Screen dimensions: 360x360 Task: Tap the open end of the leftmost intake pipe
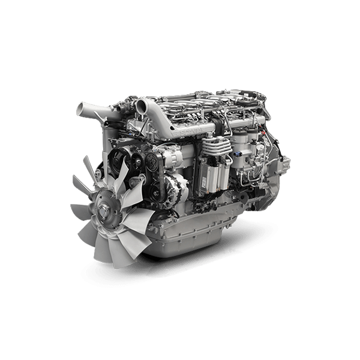pyautogui.click(x=80, y=109)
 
